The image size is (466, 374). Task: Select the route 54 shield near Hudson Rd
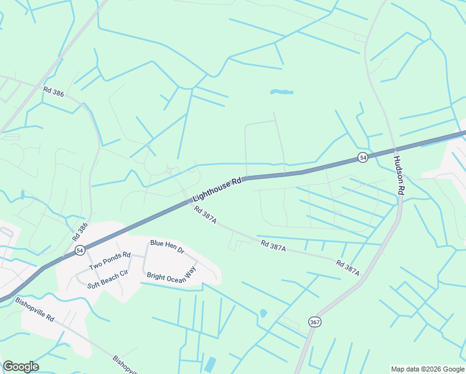pyautogui.click(x=362, y=158)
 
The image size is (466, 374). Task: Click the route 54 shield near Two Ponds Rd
pyautogui.click(x=80, y=250)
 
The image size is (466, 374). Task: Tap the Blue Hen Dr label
pyautogui.click(x=167, y=246)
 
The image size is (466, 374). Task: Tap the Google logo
pyautogui.click(x=21, y=367)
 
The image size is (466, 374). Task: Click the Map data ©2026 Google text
pyautogui.click(x=427, y=369)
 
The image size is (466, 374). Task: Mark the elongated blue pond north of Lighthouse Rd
pyautogui.click(x=282, y=93)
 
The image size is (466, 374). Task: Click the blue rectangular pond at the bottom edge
pyautogui.click(x=210, y=365)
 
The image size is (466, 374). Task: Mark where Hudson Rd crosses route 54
pyautogui.click(x=395, y=150)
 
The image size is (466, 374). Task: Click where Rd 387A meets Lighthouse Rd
pyautogui.click(x=189, y=201)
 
